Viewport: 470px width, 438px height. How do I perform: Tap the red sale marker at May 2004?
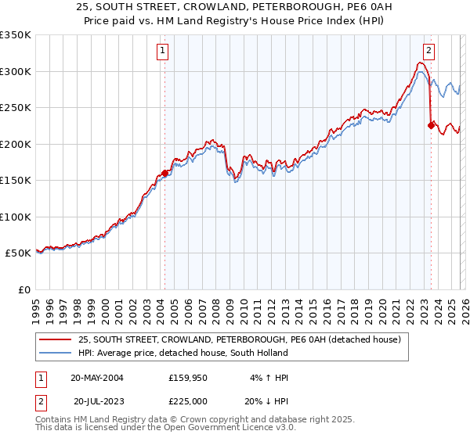[x=164, y=174]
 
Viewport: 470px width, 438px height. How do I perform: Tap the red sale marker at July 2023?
[x=431, y=125]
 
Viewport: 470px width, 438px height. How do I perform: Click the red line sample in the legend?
[x=56, y=339]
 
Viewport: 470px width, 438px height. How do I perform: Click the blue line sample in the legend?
[x=56, y=353]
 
